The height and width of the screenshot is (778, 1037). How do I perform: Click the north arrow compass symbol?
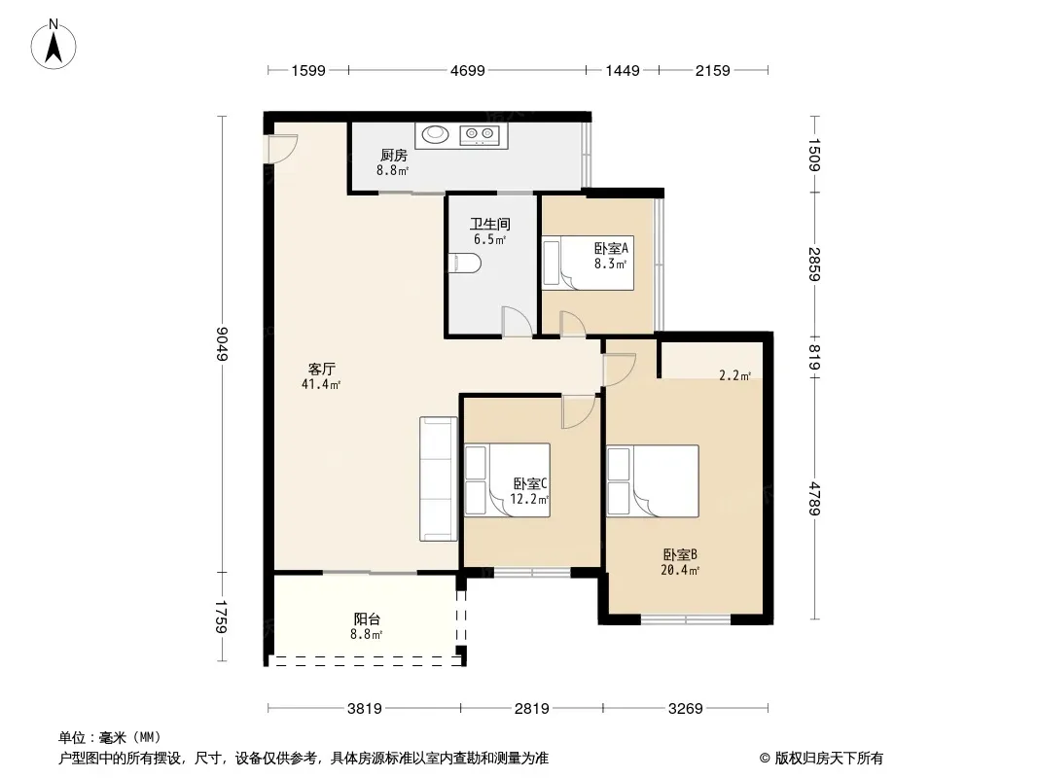[54, 45]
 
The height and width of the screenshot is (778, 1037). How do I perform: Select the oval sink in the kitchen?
[435, 134]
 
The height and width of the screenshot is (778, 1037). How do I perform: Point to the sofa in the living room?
[439, 478]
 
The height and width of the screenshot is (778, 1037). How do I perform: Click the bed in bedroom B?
[653, 480]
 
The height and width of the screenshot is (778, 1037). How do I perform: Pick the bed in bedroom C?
[507, 479]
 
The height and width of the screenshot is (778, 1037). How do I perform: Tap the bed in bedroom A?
[588, 264]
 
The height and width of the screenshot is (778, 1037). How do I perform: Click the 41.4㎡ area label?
[321, 384]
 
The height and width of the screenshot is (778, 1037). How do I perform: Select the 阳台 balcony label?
[367, 619]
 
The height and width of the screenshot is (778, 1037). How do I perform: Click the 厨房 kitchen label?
[394, 156]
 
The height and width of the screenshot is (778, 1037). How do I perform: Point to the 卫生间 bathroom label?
[490, 224]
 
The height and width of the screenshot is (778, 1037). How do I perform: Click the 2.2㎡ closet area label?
[734, 376]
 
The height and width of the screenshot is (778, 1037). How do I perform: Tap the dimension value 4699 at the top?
[468, 70]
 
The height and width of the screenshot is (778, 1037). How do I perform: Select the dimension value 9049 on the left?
[222, 343]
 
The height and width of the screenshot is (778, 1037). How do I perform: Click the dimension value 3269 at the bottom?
[685, 709]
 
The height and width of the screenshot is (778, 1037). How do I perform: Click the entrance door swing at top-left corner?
[281, 149]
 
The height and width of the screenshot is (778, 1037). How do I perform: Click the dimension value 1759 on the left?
[222, 617]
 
